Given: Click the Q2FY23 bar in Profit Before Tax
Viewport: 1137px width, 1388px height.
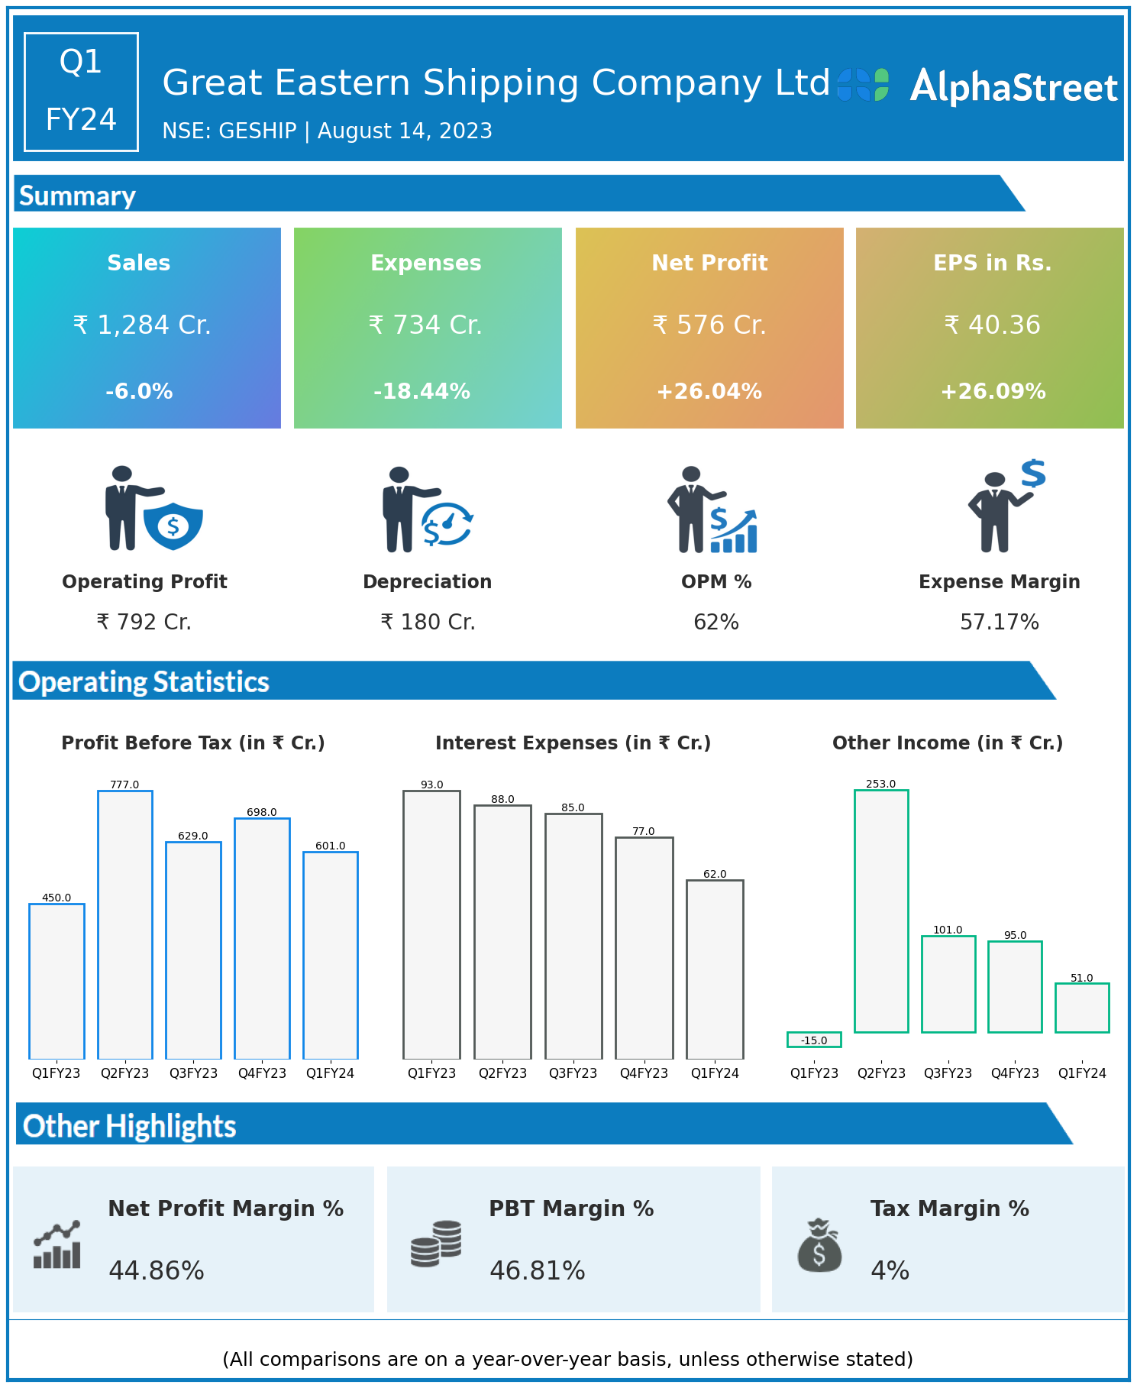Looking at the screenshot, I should [x=124, y=924].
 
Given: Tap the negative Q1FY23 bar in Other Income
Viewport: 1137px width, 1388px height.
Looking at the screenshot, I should [x=814, y=1040].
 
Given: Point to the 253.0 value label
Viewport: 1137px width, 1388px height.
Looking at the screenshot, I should [x=880, y=784].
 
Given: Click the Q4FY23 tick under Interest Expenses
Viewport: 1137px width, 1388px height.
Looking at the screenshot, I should [x=644, y=1073].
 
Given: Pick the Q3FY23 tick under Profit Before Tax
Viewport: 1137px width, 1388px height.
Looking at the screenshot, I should [x=193, y=1073].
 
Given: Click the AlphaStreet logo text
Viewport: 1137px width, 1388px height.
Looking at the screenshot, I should [x=1013, y=86].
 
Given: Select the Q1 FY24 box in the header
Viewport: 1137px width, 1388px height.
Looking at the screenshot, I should [x=81, y=92].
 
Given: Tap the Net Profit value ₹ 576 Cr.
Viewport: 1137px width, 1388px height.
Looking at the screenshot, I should [x=709, y=325].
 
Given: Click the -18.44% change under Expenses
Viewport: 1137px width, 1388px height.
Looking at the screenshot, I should [x=422, y=391].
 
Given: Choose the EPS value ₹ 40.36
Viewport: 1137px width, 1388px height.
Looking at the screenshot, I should [x=992, y=325].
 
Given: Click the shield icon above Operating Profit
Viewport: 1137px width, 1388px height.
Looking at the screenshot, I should [x=173, y=526].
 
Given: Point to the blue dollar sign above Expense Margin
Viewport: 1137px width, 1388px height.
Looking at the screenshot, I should [x=1033, y=474].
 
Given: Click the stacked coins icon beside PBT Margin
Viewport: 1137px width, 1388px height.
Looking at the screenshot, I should [x=436, y=1244].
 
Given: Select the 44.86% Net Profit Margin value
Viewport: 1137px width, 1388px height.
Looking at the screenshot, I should [x=157, y=1270].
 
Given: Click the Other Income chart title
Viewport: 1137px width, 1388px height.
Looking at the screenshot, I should [x=947, y=743].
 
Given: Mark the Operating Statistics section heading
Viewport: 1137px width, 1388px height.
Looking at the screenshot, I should [x=144, y=681].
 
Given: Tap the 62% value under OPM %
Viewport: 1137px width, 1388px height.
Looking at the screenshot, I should [x=715, y=622].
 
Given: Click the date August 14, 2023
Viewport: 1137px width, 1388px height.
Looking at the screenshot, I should [x=405, y=131].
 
